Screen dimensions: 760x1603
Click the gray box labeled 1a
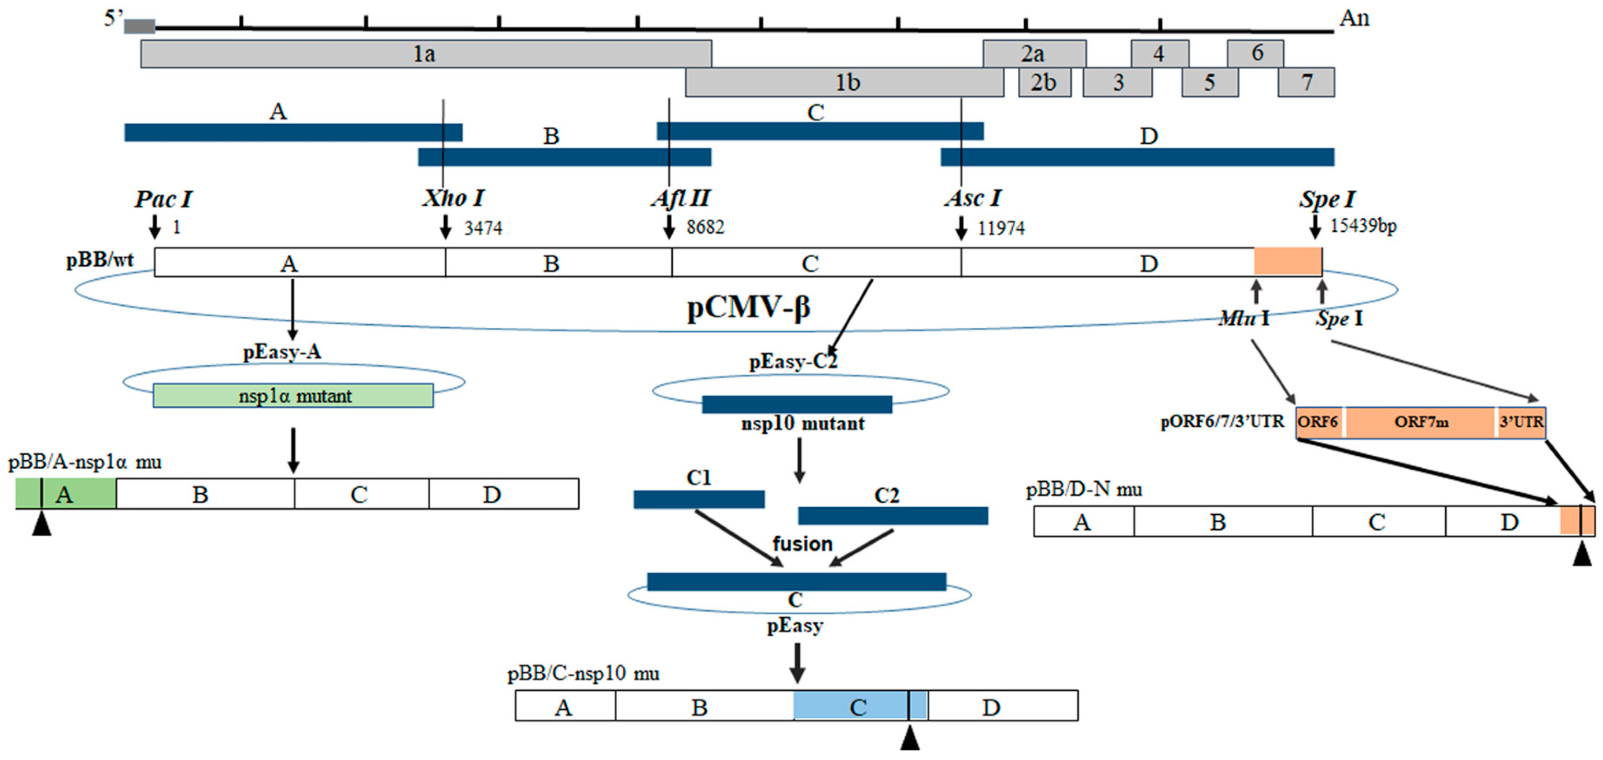coord(426,54)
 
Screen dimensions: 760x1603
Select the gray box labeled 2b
coord(1044,82)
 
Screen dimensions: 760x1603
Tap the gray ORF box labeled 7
coord(1306,82)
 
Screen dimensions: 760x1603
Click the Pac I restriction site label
coord(163,199)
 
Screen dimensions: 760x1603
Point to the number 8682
coord(705,227)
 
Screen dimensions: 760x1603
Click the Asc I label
coord(972,199)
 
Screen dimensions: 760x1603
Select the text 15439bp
coord(1363,226)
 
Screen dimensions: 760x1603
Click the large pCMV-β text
coord(748,307)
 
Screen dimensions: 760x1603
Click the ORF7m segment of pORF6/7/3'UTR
coord(1421,422)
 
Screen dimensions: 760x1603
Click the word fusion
coord(802,544)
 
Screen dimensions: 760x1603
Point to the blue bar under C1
coord(699,499)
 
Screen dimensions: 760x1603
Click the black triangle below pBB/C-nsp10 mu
coord(909,739)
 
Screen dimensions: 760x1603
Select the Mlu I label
coord(1243,319)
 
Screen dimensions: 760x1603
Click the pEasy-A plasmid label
coord(282,352)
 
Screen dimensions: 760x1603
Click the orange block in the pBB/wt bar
coord(1287,261)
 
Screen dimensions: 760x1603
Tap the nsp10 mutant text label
coord(802,424)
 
